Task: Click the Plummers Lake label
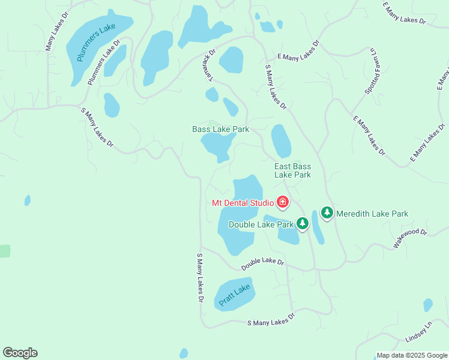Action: tap(97, 43)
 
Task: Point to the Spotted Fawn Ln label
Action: tap(370, 71)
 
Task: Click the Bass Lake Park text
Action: tap(220, 129)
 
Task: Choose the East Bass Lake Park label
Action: tap(292, 170)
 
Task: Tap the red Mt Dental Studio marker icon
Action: tap(282, 202)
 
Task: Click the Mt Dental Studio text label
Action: tap(243, 203)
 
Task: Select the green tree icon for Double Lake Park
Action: tap(303, 224)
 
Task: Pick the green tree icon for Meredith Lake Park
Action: tap(327, 212)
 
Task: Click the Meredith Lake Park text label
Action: tap(372, 214)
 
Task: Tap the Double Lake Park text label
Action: tap(261, 224)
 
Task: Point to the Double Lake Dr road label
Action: tap(262, 263)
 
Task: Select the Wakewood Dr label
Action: tap(410, 238)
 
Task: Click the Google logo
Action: tap(20, 353)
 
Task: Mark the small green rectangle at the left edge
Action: tap(5, 251)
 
